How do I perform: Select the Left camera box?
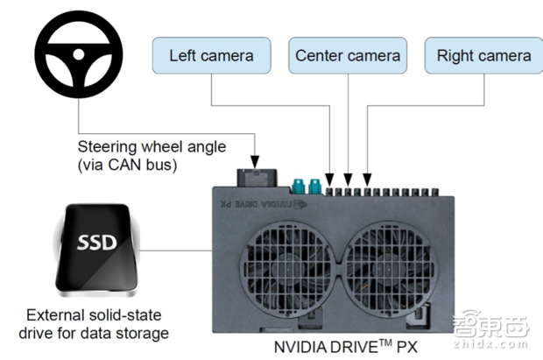point(211,56)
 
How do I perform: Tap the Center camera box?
point(348,56)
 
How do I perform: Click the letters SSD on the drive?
point(96,241)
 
